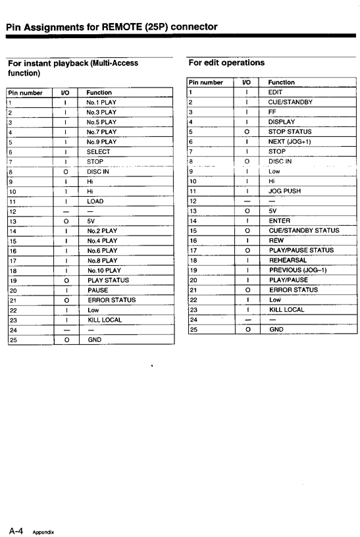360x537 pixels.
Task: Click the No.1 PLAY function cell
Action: [x=101, y=103]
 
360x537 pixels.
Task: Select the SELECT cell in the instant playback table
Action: [x=99, y=152]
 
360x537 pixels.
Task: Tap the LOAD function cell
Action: [x=95, y=201]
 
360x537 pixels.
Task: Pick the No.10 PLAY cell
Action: [x=104, y=270]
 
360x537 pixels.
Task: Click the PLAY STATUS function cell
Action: [x=108, y=280]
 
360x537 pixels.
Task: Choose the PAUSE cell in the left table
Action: [x=98, y=290]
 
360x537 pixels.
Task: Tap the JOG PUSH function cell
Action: [x=284, y=192]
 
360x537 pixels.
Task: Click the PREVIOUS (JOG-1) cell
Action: [x=297, y=270]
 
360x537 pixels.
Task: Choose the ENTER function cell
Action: [x=280, y=221]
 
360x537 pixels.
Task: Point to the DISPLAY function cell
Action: [x=282, y=122]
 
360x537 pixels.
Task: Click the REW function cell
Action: [x=276, y=241]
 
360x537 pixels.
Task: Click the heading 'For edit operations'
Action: [x=226, y=63]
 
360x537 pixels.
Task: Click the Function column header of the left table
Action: [x=99, y=93]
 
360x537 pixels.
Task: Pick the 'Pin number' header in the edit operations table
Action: [x=206, y=83]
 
